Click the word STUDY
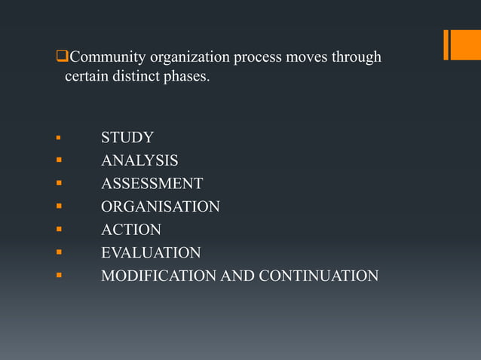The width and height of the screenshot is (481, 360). tap(127, 138)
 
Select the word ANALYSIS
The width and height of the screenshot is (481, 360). tap(139, 160)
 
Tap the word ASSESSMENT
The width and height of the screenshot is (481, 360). tap(152, 184)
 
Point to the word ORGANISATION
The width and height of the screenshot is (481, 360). tap(161, 206)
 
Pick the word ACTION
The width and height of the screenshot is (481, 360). tap(131, 230)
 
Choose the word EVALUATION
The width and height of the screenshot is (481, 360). tap(151, 253)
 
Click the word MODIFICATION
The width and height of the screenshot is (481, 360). tap(158, 276)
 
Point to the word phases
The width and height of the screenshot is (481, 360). tap(186, 77)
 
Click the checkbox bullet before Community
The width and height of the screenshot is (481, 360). tap(63, 57)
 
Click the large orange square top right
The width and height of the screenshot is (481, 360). tap(465, 44)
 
